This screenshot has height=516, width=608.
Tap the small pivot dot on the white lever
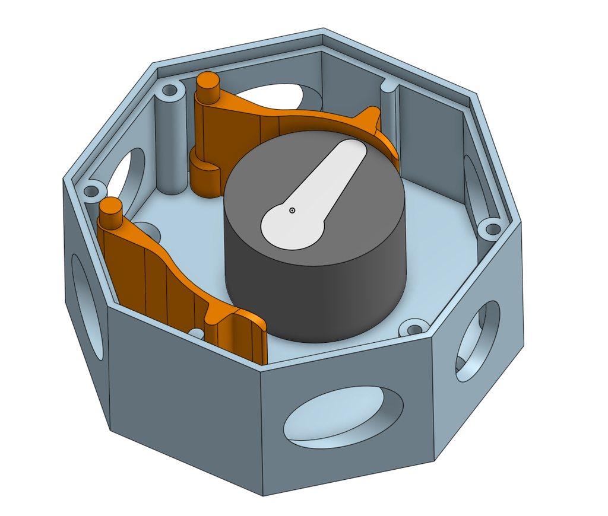292,210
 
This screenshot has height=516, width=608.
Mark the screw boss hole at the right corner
492,228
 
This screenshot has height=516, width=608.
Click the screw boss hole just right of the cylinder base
413,327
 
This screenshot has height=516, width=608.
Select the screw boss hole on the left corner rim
91,192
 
